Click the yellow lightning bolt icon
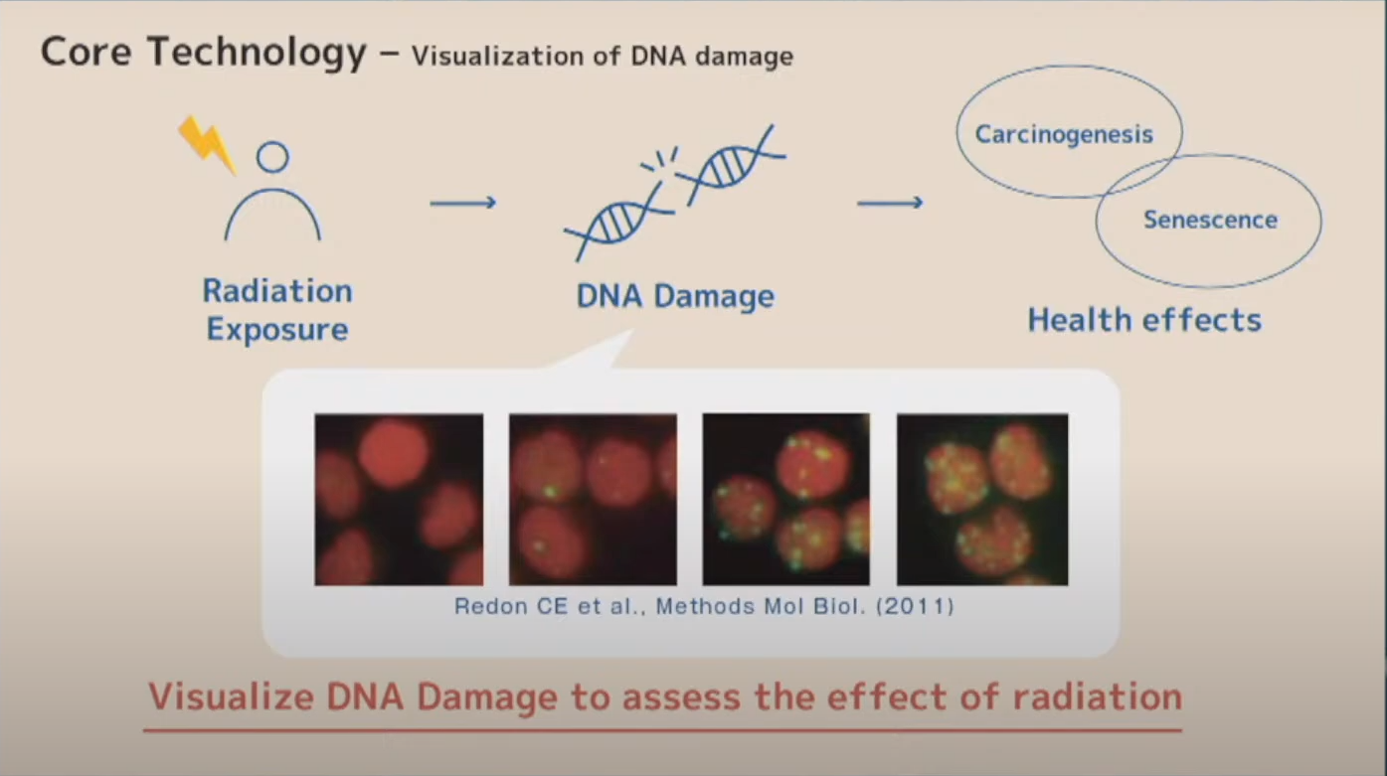207,145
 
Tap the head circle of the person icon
272,143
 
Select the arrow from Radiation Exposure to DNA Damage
463,203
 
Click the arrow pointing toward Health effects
890,203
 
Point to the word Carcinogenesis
1065,134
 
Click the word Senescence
1211,220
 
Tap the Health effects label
1144,320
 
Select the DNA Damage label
675,296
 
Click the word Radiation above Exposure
277,291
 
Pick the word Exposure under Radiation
277,329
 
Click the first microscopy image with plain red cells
399,500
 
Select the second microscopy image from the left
593,500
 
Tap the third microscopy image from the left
785,500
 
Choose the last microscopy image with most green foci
982,500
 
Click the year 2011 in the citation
915,606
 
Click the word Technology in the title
257,52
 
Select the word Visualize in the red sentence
232,697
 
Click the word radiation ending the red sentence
1098,697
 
